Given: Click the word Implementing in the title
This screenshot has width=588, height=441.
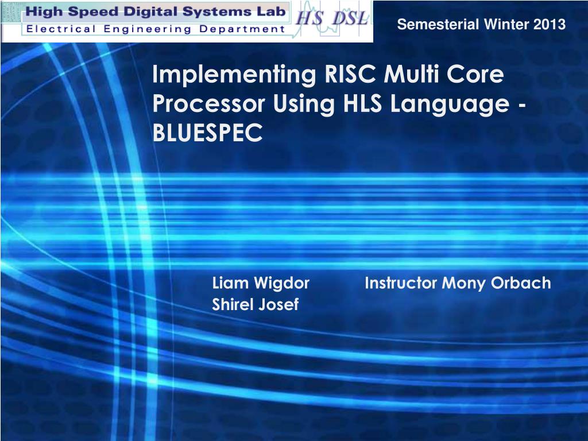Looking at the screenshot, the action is pyautogui.click(x=234, y=75).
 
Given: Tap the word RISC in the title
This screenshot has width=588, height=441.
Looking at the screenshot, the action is pyautogui.click(x=350, y=74).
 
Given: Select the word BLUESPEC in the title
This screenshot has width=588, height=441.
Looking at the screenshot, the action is pyautogui.click(x=207, y=132).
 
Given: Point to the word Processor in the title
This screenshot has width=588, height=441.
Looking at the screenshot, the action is pyautogui.click(x=209, y=103).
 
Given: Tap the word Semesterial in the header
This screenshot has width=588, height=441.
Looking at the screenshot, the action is pyautogui.click(x=438, y=24).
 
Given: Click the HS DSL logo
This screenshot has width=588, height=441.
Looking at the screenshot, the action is pyautogui.click(x=332, y=18).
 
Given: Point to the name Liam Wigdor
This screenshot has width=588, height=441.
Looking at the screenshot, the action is pyautogui.click(x=261, y=283).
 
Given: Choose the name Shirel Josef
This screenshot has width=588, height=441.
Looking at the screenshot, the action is pyautogui.click(x=256, y=304).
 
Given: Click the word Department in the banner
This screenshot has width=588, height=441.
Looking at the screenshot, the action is pyautogui.click(x=242, y=29).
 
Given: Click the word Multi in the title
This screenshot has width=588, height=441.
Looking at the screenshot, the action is pyautogui.click(x=411, y=74).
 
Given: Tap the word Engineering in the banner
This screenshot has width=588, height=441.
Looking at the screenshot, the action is pyautogui.click(x=148, y=29).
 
